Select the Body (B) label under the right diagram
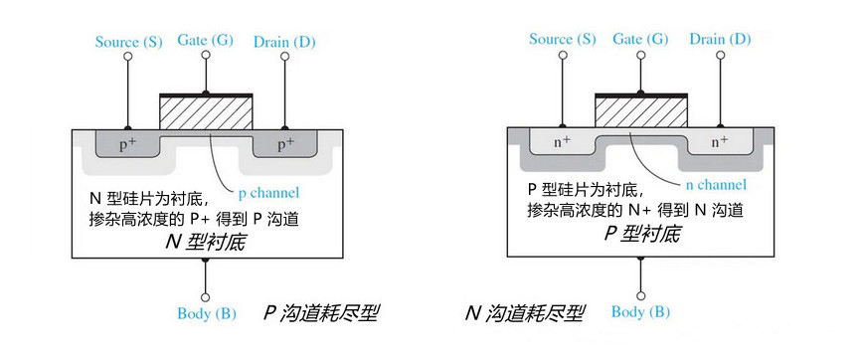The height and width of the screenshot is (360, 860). click(640, 312)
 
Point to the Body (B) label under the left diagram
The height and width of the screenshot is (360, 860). click(206, 314)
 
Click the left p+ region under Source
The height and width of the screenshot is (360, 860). click(128, 145)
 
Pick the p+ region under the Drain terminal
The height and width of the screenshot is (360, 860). click(284, 145)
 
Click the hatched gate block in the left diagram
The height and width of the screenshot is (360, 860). click(206, 113)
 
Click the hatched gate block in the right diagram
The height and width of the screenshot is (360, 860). click(640, 111)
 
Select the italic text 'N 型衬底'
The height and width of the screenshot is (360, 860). click(206, 242)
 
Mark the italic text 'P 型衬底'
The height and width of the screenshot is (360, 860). click(640, 235)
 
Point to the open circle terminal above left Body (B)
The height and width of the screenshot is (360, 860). click(206, 296)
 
